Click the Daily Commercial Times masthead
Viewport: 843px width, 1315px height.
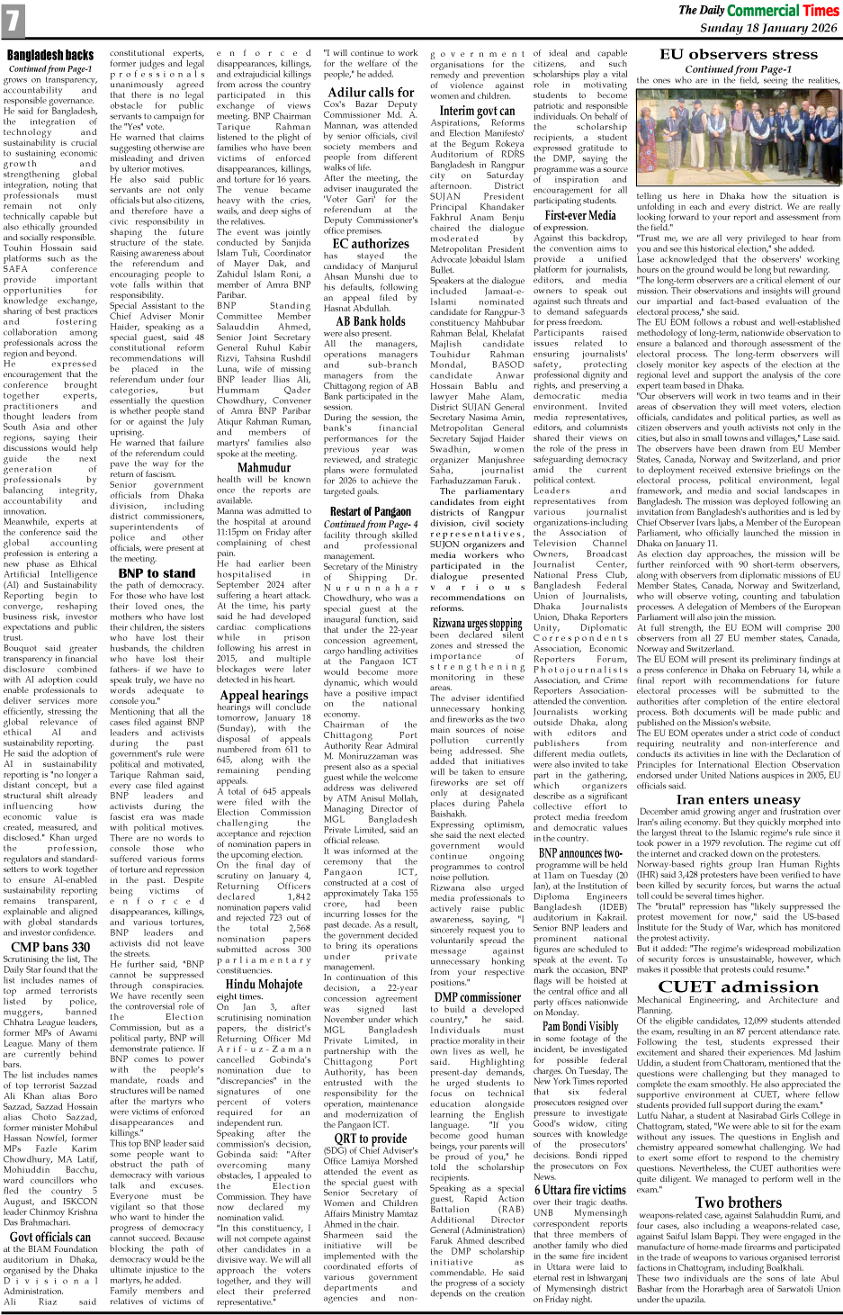point(758,11)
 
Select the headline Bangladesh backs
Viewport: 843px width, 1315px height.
point(50,55)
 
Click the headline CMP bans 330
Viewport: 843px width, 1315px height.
point(50,946)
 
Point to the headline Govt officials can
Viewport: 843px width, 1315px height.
point(50,1237)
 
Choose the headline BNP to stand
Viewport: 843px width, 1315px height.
point(157,572)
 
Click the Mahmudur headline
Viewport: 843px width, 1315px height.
point(264,467)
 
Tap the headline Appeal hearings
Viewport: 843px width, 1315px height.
point(264,695)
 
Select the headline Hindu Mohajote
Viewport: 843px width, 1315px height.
point(264,984)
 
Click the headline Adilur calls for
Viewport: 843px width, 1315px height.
point(371,92)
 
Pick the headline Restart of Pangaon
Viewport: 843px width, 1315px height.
point(370,511)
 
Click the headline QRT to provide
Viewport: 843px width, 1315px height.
point(371,1138)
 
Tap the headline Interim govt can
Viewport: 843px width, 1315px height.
point(477,111)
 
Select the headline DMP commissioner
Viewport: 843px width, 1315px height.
point(477,996)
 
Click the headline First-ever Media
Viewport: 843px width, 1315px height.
point(580,215)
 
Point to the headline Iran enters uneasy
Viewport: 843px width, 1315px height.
point(738,799)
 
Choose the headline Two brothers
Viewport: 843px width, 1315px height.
point(738,1202)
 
